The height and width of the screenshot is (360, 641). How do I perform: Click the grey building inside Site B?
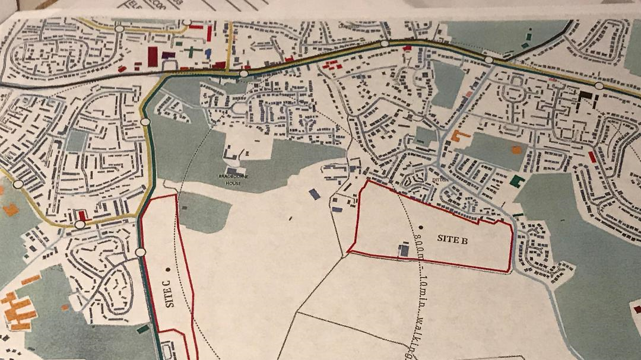click(404, 251)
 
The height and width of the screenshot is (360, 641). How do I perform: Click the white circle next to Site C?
click(140, 252)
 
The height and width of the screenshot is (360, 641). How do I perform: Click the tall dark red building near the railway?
click(153, 57)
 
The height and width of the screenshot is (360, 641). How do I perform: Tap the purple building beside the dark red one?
click(168, 55)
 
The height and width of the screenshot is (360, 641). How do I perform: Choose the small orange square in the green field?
click(516, 149)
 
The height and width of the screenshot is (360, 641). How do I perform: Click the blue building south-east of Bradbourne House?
click(315, 194)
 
